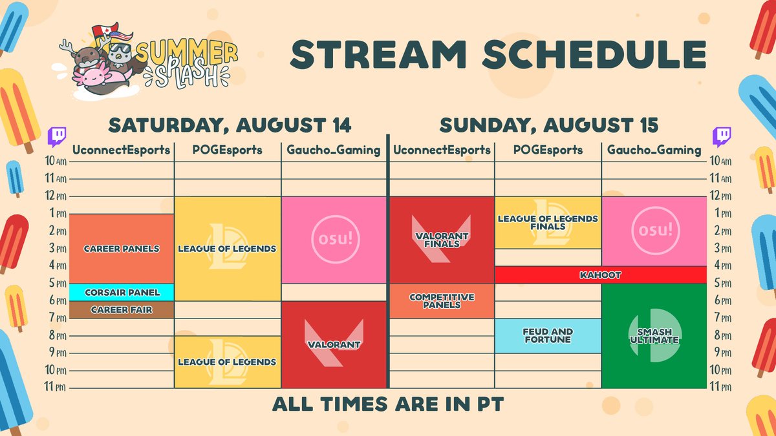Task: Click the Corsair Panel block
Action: [x=122, y=293]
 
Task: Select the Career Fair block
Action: [x=122, y=309]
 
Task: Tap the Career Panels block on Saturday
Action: [x=122, y=249]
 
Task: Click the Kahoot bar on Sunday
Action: [x=600, y=275]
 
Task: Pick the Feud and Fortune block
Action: [x=548, y=336]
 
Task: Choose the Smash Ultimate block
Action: [x=654, y=336]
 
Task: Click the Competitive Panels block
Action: [x=442, y=301]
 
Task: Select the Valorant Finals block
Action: [x=442, y=240]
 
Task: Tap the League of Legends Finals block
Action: [x=548, y=222]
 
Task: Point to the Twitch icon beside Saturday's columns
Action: [x=57, y=137]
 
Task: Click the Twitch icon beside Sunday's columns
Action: [x=722, y=137]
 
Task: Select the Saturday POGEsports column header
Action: [x=227, y=150]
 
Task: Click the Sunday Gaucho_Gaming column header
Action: [x=654, y=150]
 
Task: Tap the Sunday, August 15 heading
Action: [x=549, y=125]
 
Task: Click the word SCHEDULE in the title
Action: [x=594, y=54]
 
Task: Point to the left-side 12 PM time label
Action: [x=56, y=196]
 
